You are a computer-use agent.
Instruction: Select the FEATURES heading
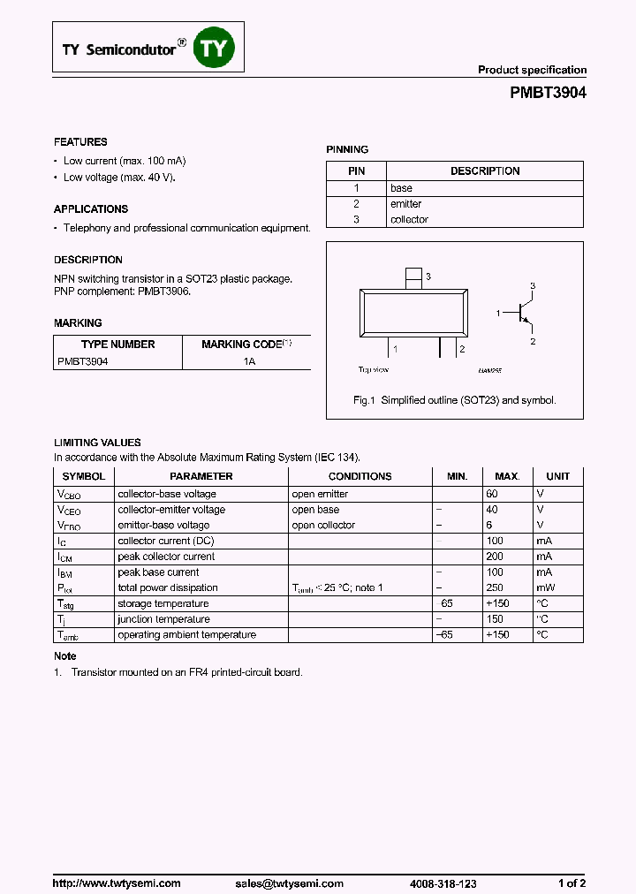[80, 142]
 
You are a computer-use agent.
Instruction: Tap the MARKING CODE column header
[246, 345]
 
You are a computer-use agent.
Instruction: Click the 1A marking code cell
[249, 361]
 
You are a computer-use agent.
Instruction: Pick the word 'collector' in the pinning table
[409, 220]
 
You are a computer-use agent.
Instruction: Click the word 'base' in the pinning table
[401, 188]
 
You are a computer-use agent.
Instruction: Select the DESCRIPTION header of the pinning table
[485, 171]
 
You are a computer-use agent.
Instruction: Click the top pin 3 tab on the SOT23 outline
[413, 277]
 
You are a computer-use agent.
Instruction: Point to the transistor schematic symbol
[525, 314]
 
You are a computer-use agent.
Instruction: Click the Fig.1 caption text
[454, 400]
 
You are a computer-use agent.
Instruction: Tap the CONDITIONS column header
[360, 476]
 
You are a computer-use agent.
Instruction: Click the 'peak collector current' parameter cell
[166, 557]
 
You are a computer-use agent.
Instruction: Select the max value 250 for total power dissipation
[495, 587]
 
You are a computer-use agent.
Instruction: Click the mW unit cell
[546, 587]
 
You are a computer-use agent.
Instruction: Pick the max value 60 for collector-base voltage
[492, 494]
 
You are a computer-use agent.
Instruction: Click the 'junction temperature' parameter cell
[163, 619]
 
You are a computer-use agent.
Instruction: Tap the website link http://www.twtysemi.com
[117, 859]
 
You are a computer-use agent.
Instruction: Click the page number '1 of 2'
[572, 859]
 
